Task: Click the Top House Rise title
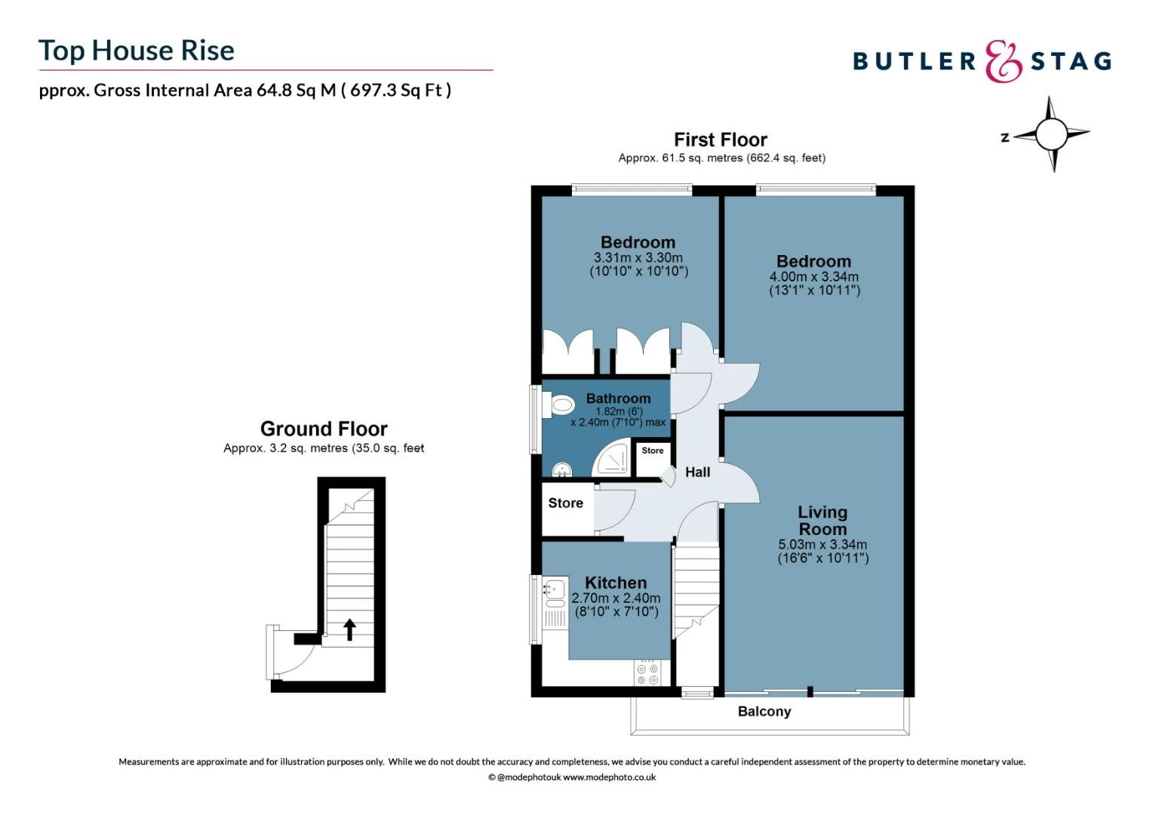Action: tap(137, 51)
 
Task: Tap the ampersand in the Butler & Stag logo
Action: tap(1003, 61)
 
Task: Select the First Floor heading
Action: tap(720, 140)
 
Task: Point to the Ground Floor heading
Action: tap(324, 429)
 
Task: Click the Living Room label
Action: tap(822, 521)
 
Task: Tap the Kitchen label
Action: tap(616, 583)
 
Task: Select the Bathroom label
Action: tap(618, 398)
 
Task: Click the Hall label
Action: tap(697, 472)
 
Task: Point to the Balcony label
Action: tap(764, 712)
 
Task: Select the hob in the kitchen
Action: tap(647, 674)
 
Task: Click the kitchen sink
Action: tap(555, 588)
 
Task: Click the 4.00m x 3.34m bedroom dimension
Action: tap(814, 277)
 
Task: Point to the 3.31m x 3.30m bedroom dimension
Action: tap(638, 258)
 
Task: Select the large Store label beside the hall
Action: tap(565, 503)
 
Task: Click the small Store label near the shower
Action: tap(653, 451)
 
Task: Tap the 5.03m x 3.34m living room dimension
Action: tap(822, 545)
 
